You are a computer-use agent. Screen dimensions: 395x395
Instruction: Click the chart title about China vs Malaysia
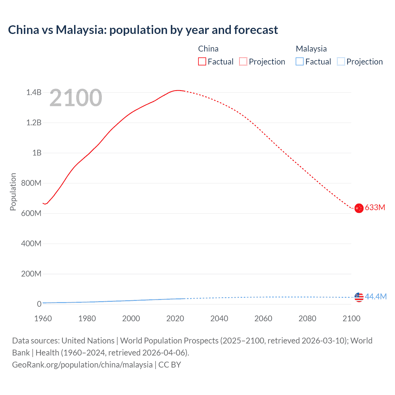143,30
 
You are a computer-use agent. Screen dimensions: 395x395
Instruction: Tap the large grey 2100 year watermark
76,98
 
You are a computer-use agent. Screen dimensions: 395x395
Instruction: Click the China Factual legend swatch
202,61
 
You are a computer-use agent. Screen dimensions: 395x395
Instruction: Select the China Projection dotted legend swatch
243,61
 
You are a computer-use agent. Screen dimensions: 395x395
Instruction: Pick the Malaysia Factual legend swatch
300,61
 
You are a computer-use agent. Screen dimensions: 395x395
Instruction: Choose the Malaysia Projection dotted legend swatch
341,61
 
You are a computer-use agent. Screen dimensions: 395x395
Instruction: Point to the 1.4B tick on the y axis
34,92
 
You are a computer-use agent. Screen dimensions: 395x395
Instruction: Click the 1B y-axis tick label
37,153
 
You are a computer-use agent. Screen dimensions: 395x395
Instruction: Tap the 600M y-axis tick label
31,213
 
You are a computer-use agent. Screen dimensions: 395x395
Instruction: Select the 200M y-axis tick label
31,274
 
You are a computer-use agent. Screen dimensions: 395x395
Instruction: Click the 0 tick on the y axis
39,304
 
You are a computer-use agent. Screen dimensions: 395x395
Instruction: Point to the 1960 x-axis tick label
43,318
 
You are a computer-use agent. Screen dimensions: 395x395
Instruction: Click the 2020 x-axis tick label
175,318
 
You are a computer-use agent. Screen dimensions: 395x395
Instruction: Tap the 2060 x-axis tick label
263,318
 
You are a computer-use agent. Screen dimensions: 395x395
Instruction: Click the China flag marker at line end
359,208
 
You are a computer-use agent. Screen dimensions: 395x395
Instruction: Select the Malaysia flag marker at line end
359,297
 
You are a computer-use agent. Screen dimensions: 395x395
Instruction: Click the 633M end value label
375,207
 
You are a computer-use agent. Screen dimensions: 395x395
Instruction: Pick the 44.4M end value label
376,297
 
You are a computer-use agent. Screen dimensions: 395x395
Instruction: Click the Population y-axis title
13,192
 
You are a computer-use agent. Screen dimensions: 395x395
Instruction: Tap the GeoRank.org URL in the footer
82,364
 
